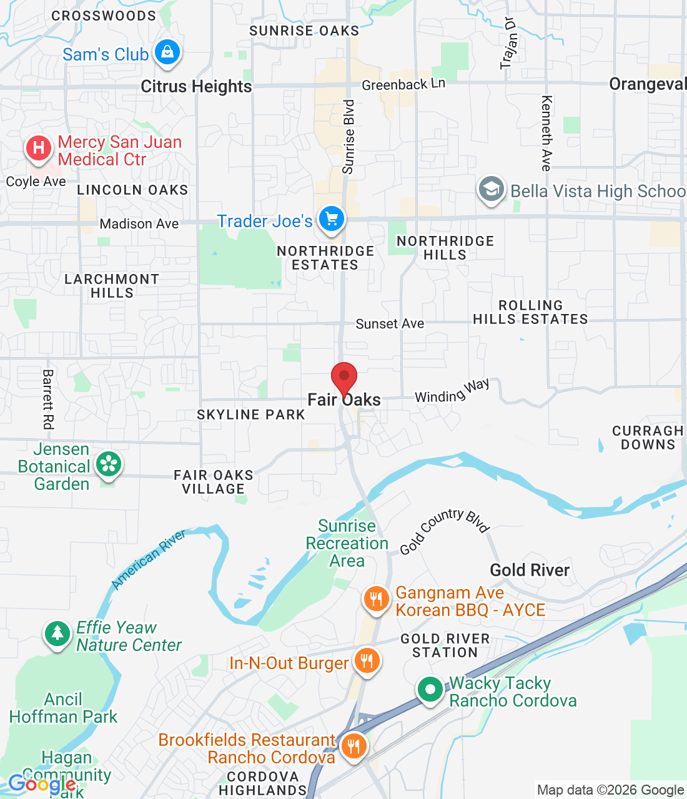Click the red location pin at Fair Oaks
click(x=343, y=377)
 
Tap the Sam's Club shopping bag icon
click(x=167, y=52)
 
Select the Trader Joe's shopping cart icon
click(x=332, y=220)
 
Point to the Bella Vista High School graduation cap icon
click(x=492, y=189)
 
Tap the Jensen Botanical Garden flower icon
click(x=109, y=464)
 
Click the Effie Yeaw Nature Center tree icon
click(x=57, y=634)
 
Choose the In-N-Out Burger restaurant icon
click(x=367, y=660)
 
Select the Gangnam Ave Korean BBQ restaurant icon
click(x=376, y=599)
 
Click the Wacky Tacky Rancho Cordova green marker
click(x=430, y=690)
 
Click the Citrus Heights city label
click(x=196, y=86)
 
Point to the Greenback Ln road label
click(x=403, y=84)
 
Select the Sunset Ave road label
click(x=390, y=324)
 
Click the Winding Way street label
click(x=452, y=392)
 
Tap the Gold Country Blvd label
click(x=444, y=531)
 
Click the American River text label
click(x=149, y=559)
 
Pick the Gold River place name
click(x=530, y=570)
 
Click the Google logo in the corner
click(x=42, y=784)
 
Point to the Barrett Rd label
click(x=48, y=399)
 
